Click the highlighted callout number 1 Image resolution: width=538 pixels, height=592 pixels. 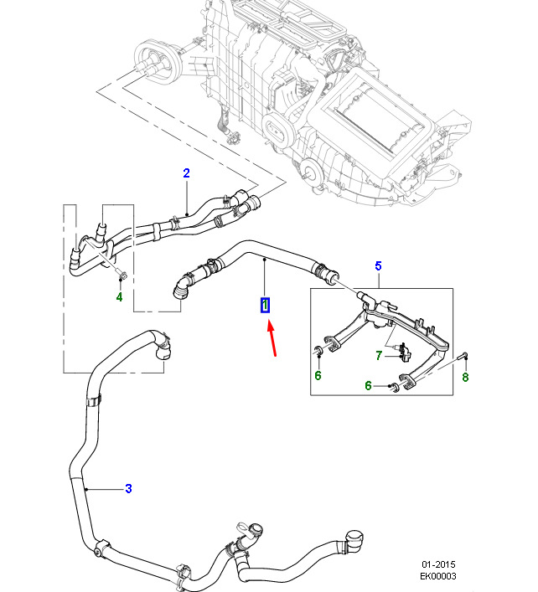[x=265, y=306]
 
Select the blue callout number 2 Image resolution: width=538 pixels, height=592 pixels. [x=187, y=173]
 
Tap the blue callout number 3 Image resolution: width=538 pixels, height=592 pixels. [x=128, y=489]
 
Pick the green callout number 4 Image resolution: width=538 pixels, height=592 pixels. [x=119, y=296]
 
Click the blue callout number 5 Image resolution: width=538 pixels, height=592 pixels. [x=378, y=266]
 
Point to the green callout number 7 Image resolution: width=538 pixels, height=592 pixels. [x=378, y=356]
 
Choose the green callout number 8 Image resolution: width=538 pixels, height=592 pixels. [x=465, y=377]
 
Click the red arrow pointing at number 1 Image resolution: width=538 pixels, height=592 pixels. [x=274, y=339]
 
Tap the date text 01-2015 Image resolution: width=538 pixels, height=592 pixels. [x=439, y=564]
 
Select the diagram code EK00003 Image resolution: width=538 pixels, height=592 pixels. [x=439, y=577]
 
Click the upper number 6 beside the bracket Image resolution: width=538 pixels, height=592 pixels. [x=318, y=375]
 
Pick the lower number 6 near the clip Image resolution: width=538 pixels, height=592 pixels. [x=368, y=385]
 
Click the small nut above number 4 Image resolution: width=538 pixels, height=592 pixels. [x=120, y=275]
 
